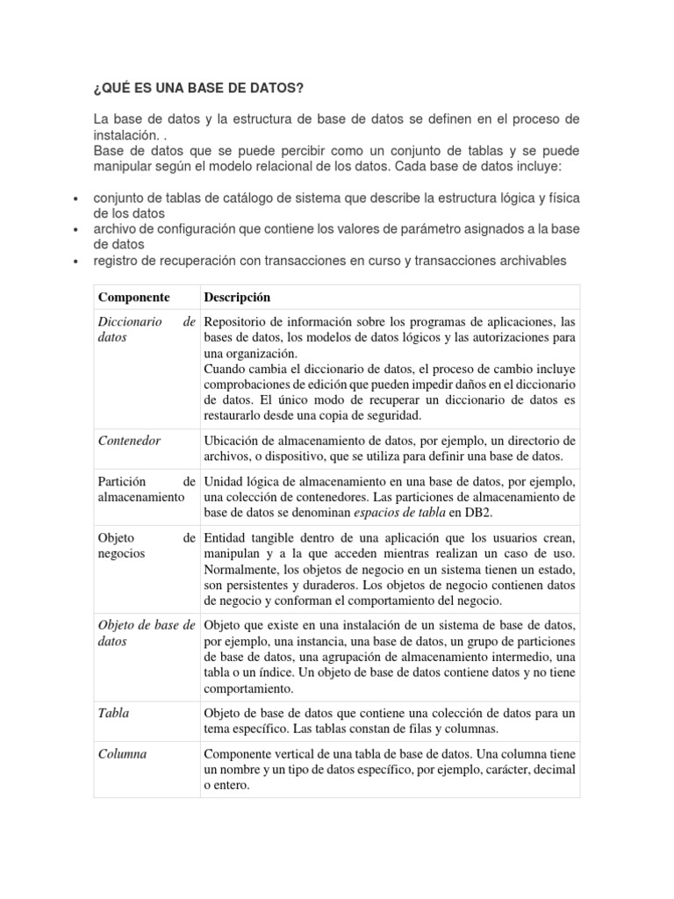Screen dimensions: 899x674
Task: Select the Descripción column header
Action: pyautogui.click(x=237, y=298)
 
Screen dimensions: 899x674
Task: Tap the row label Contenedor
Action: pyautogui.click(x=129, y=441)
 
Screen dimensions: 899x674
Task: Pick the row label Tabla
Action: pyautogui.click(x=113, y=713)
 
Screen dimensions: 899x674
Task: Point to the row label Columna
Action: pyautogui.click(x=122, y=754)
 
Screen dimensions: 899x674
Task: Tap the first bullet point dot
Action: pyautogui.click(x=76, y=198)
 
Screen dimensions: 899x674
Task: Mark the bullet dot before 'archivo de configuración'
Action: pyautogui.click(x=76, y=230)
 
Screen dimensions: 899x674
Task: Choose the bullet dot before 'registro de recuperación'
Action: pyautogui.click(x=76, y=262)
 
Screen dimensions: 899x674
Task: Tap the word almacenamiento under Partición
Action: pyautogui.click(x=140, y=497)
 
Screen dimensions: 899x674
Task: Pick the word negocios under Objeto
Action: pyautogui.click(x=121, y=554)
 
